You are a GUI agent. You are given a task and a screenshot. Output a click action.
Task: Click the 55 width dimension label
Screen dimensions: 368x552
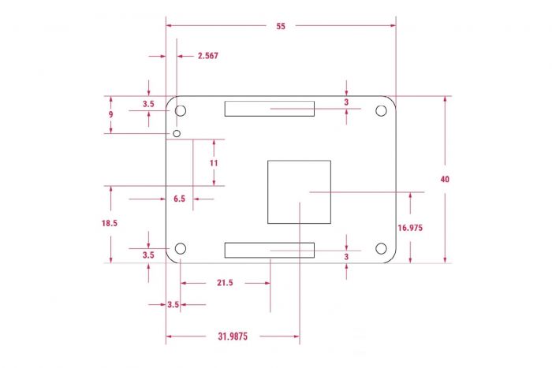(x=281, y=26)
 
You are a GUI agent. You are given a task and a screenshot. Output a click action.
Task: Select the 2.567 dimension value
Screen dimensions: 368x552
(x=207, y=56)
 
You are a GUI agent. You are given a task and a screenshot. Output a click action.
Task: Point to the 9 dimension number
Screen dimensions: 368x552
(x=111, y=114)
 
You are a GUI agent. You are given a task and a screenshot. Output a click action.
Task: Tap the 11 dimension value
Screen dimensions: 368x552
(x=213, y=162)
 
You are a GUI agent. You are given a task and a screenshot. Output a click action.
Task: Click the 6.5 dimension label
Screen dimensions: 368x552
(x=179, y=199)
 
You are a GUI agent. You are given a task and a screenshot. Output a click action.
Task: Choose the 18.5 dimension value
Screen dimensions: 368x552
(x=110, y=224)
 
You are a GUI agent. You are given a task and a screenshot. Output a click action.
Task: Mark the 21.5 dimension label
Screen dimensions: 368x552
(x=225, y=283)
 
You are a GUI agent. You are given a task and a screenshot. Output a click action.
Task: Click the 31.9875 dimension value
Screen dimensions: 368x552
(x=233, y=336)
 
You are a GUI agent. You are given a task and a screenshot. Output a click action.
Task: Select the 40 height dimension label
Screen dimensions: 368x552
(x=446, y=180)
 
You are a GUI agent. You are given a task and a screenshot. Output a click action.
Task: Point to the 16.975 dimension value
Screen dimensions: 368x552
(x=411, y=228)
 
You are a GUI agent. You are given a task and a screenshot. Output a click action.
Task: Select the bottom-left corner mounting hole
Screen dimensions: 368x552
(x=180, y=249)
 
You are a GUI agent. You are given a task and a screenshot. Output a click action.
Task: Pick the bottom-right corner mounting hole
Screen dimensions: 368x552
(x=381, y=249)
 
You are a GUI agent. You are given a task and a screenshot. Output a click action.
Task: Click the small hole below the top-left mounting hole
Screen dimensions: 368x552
(x=177, y=134)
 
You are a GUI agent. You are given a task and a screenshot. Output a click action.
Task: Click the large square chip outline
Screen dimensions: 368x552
(x=299, y=191)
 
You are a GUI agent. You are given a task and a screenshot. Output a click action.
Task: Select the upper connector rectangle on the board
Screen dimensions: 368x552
(x=269, y=108)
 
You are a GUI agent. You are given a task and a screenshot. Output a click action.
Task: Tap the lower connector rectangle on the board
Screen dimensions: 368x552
(x=269, y=251)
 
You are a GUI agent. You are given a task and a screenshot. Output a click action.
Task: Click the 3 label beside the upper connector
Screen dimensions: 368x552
(x=346, y=102)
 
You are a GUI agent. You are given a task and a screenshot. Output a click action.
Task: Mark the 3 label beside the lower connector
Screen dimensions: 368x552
(x=346, y=257)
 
